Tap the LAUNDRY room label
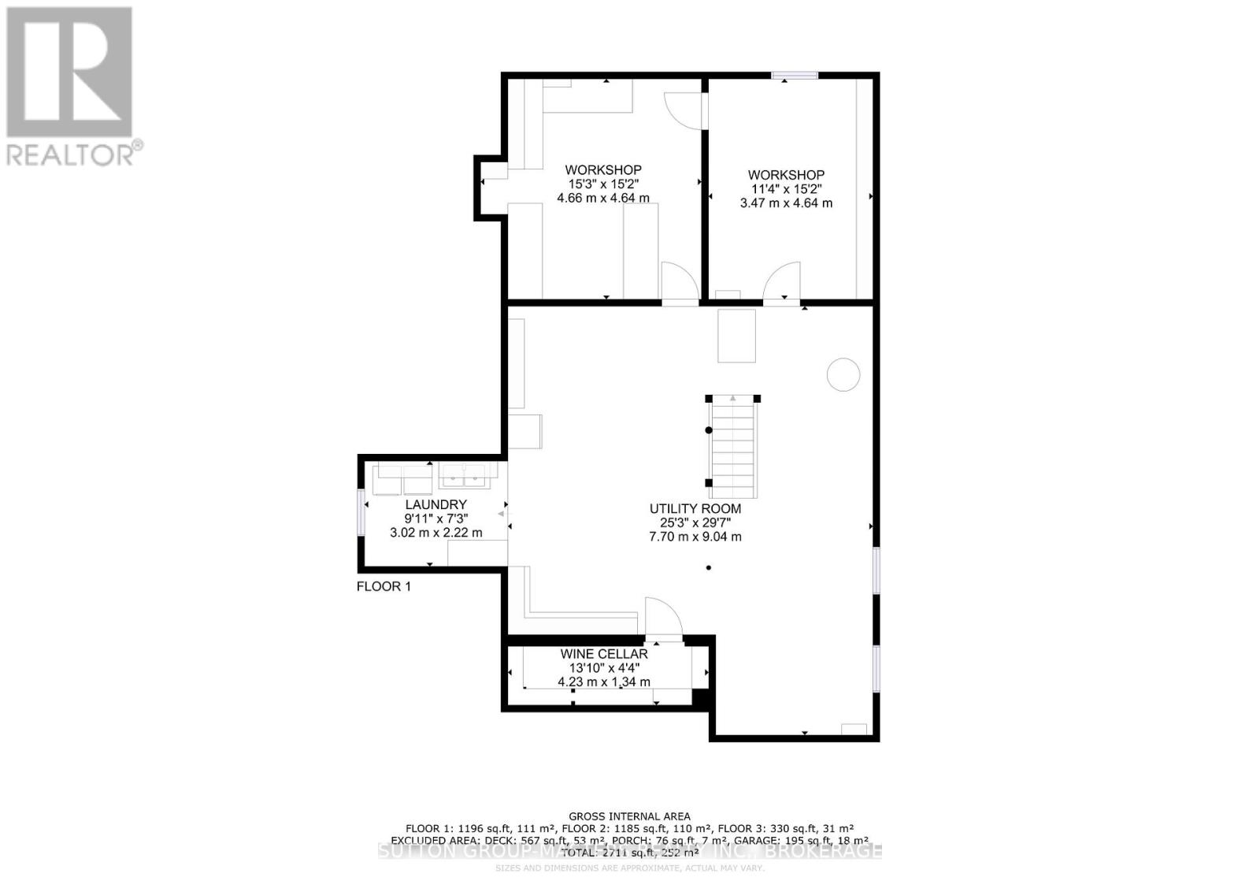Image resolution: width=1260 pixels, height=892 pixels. [x=435, y=504]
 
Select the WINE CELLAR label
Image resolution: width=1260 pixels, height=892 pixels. [x=604, y=654]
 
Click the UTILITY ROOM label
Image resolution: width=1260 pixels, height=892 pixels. [x=695, y=509]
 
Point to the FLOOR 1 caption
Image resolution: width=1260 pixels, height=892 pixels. [x=384, y=586]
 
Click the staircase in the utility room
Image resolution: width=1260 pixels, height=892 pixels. [x=733, y=447]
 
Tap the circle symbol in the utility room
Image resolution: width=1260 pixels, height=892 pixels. [x=843, y=374]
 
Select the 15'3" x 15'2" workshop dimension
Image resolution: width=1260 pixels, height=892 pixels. [x=603, y=184]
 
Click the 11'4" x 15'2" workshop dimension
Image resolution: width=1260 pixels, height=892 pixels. [x=786, y=189]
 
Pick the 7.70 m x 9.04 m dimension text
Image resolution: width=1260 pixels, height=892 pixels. [x=695, y=537]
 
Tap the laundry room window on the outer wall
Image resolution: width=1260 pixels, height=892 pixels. [x=361, y=512]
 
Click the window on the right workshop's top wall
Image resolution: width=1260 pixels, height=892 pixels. [x=795, y=76]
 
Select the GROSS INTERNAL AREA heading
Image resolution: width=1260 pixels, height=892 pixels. [x=629, y=816]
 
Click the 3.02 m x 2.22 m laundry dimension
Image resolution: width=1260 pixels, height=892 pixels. [x=435, y=533]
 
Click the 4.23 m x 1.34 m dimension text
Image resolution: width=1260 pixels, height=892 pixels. [x=604, y=682]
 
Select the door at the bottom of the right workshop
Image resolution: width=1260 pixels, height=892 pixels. [x=783, y=281]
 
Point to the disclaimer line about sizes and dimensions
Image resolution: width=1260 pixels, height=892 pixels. [x=629, y=868]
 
